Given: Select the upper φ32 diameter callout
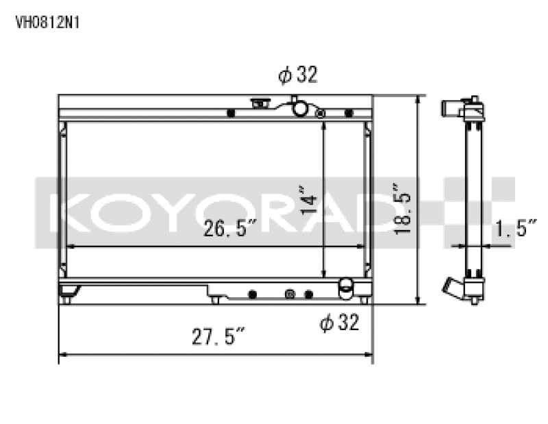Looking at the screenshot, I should click(x=298, y=75).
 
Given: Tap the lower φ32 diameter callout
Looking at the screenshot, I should click(x=339, y=322).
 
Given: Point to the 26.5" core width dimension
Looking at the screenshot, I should click(x=229, y=230).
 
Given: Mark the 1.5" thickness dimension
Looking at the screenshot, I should click(x=515, y=229).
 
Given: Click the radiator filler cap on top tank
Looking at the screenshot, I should click(x=260, y=104).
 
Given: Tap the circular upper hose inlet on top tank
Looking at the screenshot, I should click(x=300, y=108).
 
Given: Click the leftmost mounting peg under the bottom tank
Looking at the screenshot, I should click(x=66, y=299).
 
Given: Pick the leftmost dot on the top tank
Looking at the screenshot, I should click(x=230, y=112).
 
